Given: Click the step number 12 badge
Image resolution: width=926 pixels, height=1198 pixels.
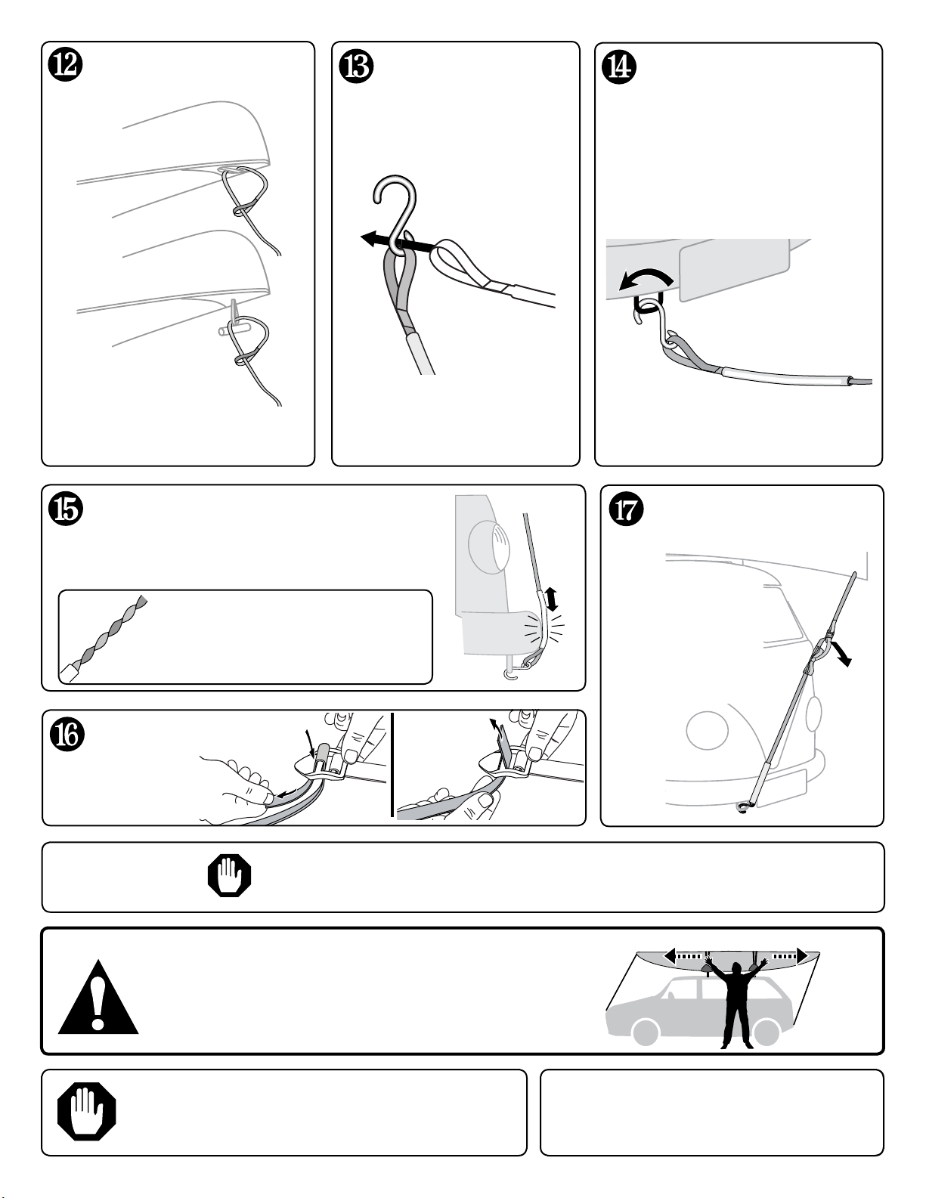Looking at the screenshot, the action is [64, 66].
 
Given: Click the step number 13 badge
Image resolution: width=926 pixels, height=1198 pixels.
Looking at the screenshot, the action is [357, 67].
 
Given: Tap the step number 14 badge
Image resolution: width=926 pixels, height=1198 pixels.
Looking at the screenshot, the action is [620, 67].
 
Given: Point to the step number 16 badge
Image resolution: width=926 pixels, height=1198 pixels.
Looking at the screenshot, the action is [68, 734].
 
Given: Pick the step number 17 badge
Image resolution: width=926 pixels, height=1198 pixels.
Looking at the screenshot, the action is [626, 509].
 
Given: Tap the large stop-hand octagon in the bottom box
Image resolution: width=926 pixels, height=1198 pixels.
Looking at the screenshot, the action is [87, 1112].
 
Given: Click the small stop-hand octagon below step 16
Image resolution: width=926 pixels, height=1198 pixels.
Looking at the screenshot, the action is [229, 876].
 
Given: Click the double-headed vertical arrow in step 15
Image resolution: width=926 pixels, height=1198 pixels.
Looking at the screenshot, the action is [550, 599].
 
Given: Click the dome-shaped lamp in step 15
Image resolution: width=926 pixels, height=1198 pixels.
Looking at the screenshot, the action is [490, 545].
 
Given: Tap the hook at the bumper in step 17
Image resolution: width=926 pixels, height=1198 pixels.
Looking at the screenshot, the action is [743, 808].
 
